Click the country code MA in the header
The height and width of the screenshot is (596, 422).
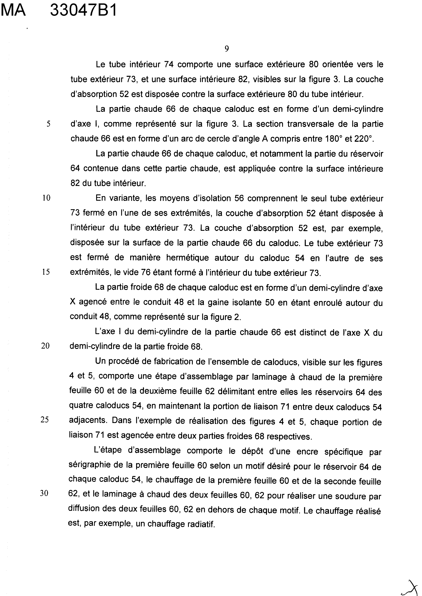click(13, 11)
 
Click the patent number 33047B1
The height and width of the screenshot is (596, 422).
click(83, 11)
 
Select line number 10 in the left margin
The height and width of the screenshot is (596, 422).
click(46, 198)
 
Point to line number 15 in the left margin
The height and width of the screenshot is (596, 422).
click(46, 272)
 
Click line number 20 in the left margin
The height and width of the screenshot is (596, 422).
click(45, 346)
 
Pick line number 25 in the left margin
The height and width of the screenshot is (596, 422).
click(45, 420)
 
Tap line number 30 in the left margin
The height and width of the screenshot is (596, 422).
click(44, 494)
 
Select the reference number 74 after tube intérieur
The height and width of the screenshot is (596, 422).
click(169, 64)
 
